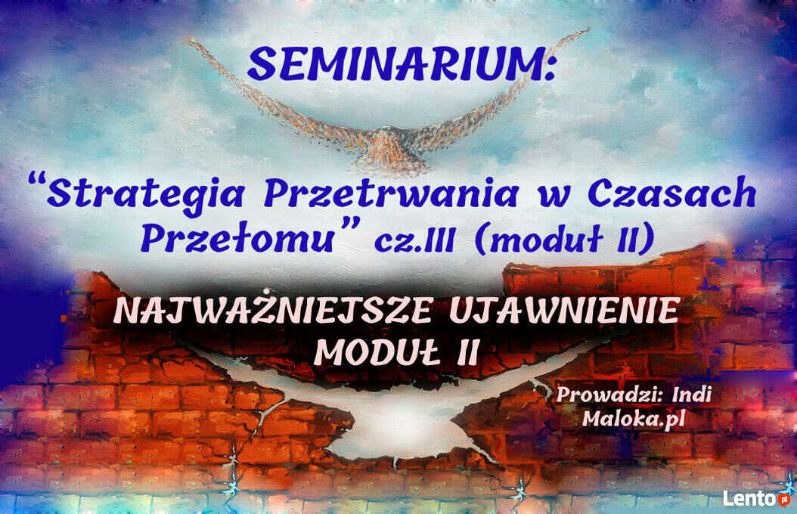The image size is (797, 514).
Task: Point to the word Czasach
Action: coord(672,193)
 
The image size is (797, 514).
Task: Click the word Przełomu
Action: coord(237,237)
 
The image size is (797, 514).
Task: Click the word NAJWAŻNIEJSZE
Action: coord(274,311)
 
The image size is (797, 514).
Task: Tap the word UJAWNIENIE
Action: coord(565,311)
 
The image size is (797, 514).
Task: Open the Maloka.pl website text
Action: coord(634,420)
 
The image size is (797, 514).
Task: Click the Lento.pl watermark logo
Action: coord(757,498)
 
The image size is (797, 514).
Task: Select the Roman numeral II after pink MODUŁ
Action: coord(467,352)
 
